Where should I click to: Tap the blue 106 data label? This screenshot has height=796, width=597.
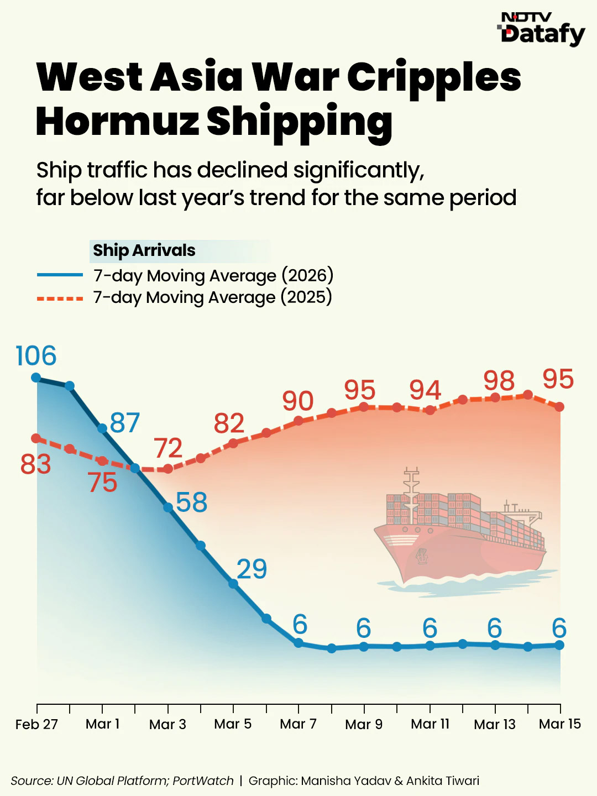[36, 356]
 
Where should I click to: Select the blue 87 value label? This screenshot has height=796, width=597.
[125, 423]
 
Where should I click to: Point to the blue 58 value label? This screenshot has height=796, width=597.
[191, 502]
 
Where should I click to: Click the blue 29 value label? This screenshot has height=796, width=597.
[252, 569]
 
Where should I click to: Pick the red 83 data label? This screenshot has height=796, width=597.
[36, 464]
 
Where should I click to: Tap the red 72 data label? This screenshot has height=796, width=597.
[168, 448]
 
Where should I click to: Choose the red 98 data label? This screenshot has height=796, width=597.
[499, 381]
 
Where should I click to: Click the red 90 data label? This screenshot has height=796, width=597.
[298, 401]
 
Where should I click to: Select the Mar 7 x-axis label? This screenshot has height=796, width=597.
[298, 724]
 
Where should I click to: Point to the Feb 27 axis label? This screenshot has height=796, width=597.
[36, 724]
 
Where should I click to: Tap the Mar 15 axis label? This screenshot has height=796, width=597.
[560, 724]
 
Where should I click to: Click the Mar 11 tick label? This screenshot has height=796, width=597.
[430, 724]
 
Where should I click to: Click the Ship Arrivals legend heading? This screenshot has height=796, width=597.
[144, 250]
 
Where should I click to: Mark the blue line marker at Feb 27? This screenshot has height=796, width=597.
[36, 378]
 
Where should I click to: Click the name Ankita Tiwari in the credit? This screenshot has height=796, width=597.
[443, 781]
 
